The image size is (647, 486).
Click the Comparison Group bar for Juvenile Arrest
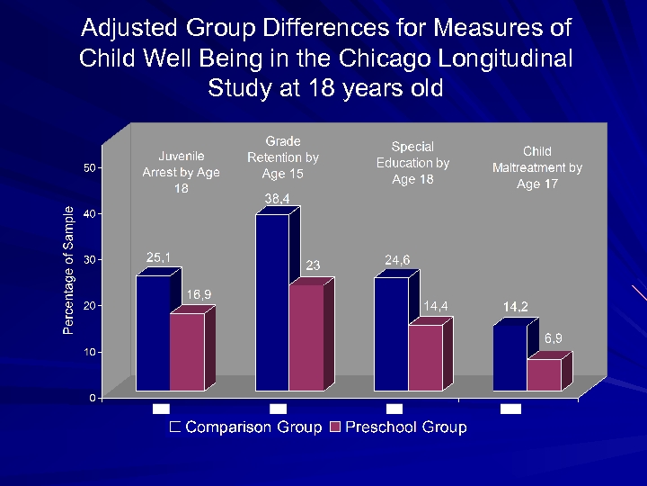(153, 332)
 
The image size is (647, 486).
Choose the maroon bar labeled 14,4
(425, 357)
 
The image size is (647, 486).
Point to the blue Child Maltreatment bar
(510, 358)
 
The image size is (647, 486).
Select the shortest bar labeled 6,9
(544, 374)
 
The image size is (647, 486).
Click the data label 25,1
(159, 258)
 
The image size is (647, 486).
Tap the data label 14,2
(515, 307)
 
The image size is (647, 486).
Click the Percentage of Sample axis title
(68, 270)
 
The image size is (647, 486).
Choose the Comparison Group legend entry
(245, 427)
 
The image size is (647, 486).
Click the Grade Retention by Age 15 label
(282, 157)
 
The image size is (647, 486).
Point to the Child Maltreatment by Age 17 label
(537, 167)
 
